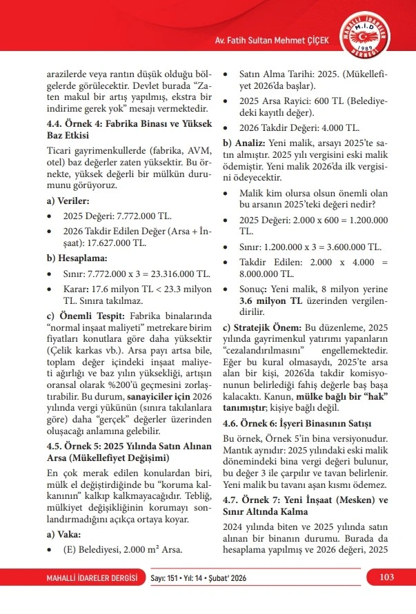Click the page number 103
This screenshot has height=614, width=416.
[x=386, y=576]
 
